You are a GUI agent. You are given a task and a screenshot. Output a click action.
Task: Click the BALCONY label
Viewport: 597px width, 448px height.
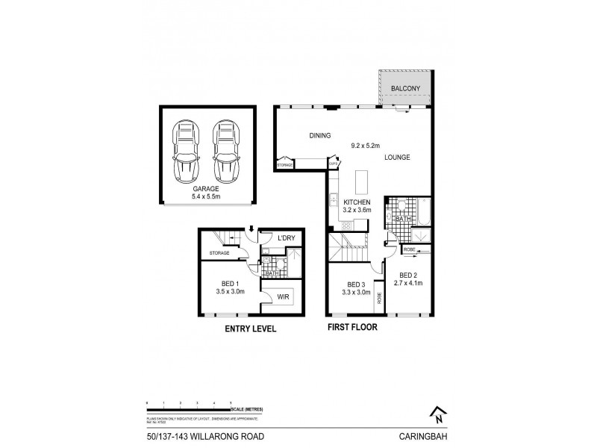405,89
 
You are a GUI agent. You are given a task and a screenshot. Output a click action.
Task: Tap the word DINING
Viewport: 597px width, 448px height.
320,135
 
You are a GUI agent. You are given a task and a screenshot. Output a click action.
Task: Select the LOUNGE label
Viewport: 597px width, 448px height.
397,158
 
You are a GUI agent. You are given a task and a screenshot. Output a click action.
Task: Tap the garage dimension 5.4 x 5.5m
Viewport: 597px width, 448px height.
207,196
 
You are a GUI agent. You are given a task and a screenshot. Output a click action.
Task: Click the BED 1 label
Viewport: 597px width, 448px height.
230,283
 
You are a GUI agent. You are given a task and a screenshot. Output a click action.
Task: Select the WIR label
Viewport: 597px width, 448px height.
282,296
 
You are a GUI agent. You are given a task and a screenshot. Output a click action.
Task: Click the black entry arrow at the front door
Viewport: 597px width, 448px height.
252,228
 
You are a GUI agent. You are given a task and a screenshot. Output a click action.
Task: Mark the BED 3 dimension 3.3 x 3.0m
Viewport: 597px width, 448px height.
354,292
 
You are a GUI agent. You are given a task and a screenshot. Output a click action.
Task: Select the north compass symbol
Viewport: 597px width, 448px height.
437,412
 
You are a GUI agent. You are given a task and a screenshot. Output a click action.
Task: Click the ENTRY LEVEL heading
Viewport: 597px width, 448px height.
246,327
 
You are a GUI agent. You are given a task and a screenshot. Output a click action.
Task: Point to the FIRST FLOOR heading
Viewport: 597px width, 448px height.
351,327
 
